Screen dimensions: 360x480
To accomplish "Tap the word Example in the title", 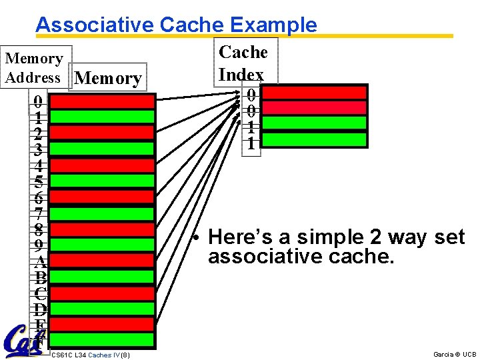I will pos(273,25).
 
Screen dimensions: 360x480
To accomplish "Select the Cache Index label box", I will pos(245,62).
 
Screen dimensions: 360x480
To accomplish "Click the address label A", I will pos(41,261).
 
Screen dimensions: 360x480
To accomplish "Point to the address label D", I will pos(41,309).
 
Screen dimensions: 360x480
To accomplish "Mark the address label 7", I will pos(39,213).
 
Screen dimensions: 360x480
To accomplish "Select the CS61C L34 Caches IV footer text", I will pos(90,354).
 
